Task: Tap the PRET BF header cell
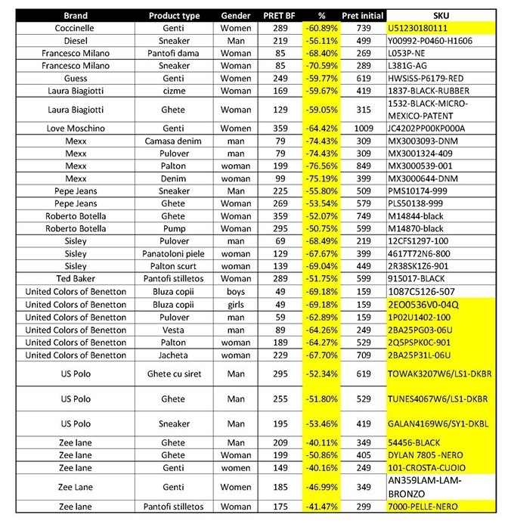tap(280, 15)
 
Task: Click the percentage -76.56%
tap(321, 165)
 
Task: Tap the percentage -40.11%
tap(321, 443)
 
